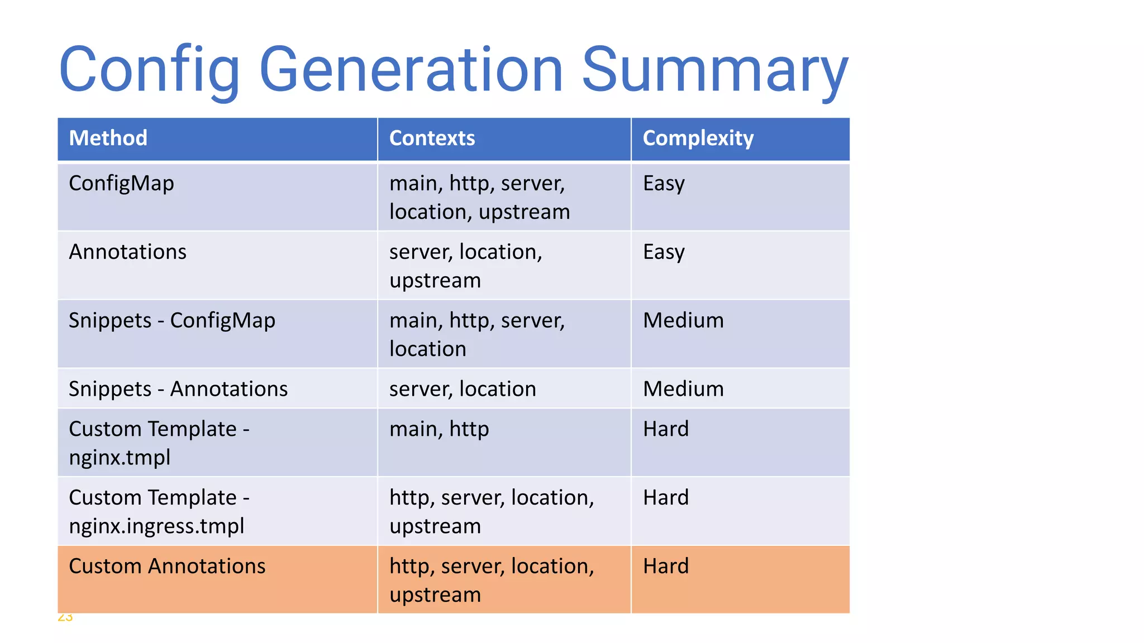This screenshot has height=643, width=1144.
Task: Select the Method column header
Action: tap(108, 138)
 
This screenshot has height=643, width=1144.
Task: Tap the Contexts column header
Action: tap(432, 138)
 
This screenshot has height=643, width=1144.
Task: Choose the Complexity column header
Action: tap(698, 138)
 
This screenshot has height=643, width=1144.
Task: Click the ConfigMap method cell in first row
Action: tap(121, 184)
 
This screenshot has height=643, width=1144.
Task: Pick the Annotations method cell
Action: tap(127, 252)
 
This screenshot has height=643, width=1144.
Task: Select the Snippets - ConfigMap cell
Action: tap(172, 320)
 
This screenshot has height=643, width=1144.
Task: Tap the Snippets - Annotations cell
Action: tap(178, 389)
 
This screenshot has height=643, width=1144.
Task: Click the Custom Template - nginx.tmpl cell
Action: tap(159, 443)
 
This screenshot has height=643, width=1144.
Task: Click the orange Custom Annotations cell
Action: tap(167, 567)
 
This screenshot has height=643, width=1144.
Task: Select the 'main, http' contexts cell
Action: tap(439, 429)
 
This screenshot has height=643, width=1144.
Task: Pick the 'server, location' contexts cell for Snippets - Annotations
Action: tap(463, 389)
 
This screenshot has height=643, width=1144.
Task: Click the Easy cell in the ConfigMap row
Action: tap(664, 184)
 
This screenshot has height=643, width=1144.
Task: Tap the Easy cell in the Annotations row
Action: tap(664, 252)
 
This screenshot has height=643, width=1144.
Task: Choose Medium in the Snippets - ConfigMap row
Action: tap(683, 320)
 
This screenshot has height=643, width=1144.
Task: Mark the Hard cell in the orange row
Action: tap(666, 567)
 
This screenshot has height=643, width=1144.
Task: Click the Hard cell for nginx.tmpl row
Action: tap(666, 429)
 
